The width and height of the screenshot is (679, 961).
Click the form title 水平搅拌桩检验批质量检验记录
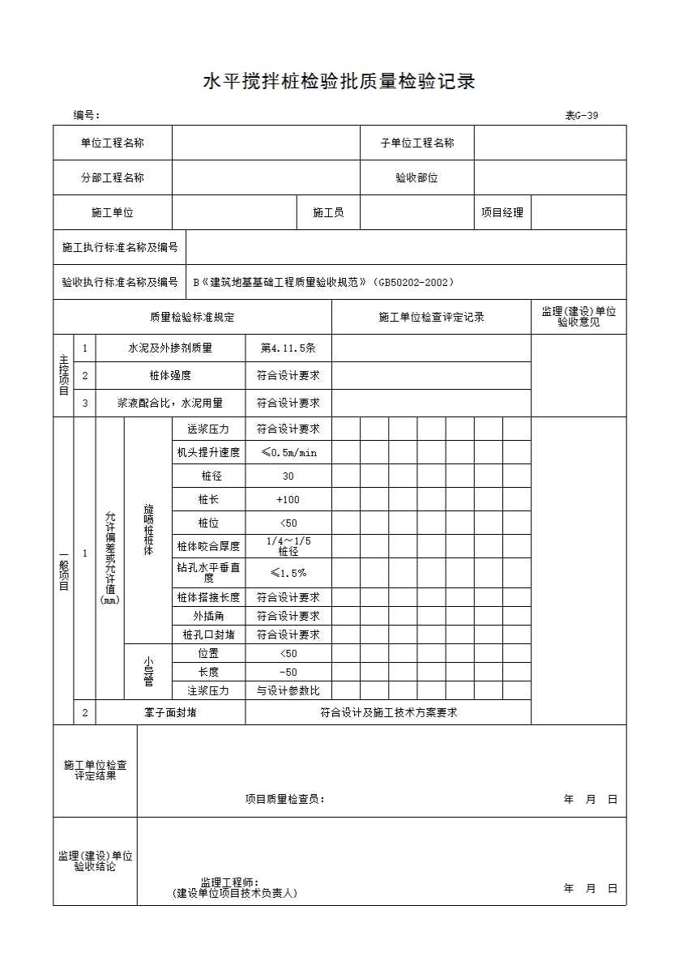tap(339, 82)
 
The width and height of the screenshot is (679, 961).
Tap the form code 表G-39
tap(581, 115)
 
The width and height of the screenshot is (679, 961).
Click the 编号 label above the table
tap(86, 115)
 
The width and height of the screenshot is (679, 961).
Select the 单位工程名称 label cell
tap(113, 143)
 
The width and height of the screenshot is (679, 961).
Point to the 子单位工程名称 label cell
tap(417, 143)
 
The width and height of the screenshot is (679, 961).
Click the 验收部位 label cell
tap(416, 178)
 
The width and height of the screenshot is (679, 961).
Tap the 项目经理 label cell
tap(502, 212)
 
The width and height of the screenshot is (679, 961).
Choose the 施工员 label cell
tap(328, 212)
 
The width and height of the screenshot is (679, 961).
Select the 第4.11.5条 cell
tap(288, 348)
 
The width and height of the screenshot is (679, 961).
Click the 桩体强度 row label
tap(170, 375)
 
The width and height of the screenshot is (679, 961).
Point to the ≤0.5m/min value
tap(288, 452)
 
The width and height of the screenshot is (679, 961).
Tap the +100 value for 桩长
tap(288, 499)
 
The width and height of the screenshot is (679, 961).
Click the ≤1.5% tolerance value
tap(288, 573)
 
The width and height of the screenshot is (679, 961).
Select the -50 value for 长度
tap(288, 672)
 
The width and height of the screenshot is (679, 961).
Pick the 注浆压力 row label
tap(208, 690)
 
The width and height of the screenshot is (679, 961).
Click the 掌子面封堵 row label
tap(170, 712)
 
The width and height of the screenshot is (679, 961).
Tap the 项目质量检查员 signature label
tap(284, 799)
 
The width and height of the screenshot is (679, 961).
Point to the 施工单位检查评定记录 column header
tap(431, 317)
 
